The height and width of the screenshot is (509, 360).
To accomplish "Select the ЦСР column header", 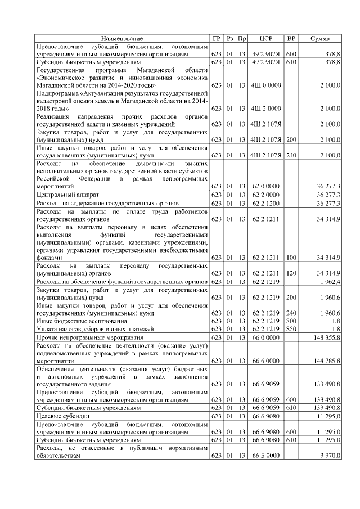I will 266,38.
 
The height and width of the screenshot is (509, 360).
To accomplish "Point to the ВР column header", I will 291,38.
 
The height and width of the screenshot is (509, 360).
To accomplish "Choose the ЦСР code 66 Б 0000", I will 266,456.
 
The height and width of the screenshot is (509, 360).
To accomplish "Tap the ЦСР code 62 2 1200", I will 266,202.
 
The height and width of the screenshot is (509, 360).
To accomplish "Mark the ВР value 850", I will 291,328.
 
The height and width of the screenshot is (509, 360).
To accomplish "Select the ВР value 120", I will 291,273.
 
